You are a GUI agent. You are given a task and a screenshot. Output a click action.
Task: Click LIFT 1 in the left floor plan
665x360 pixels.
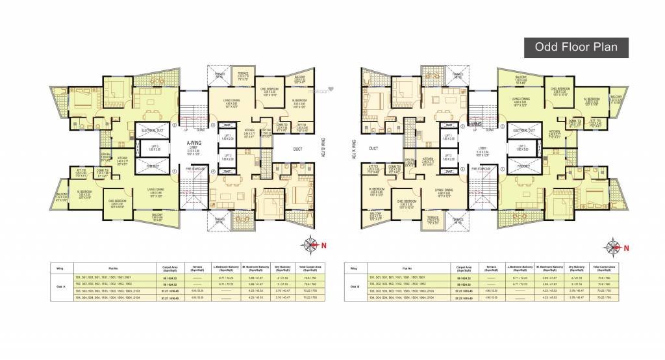pyautogui.click(x=227, y=137)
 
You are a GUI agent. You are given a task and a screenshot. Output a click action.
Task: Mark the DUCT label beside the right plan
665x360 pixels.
pyautogui.click(x=373, y=149)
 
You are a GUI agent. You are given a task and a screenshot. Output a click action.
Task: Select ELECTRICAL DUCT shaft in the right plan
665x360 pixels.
pyautogui.click(x=523, y=131)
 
